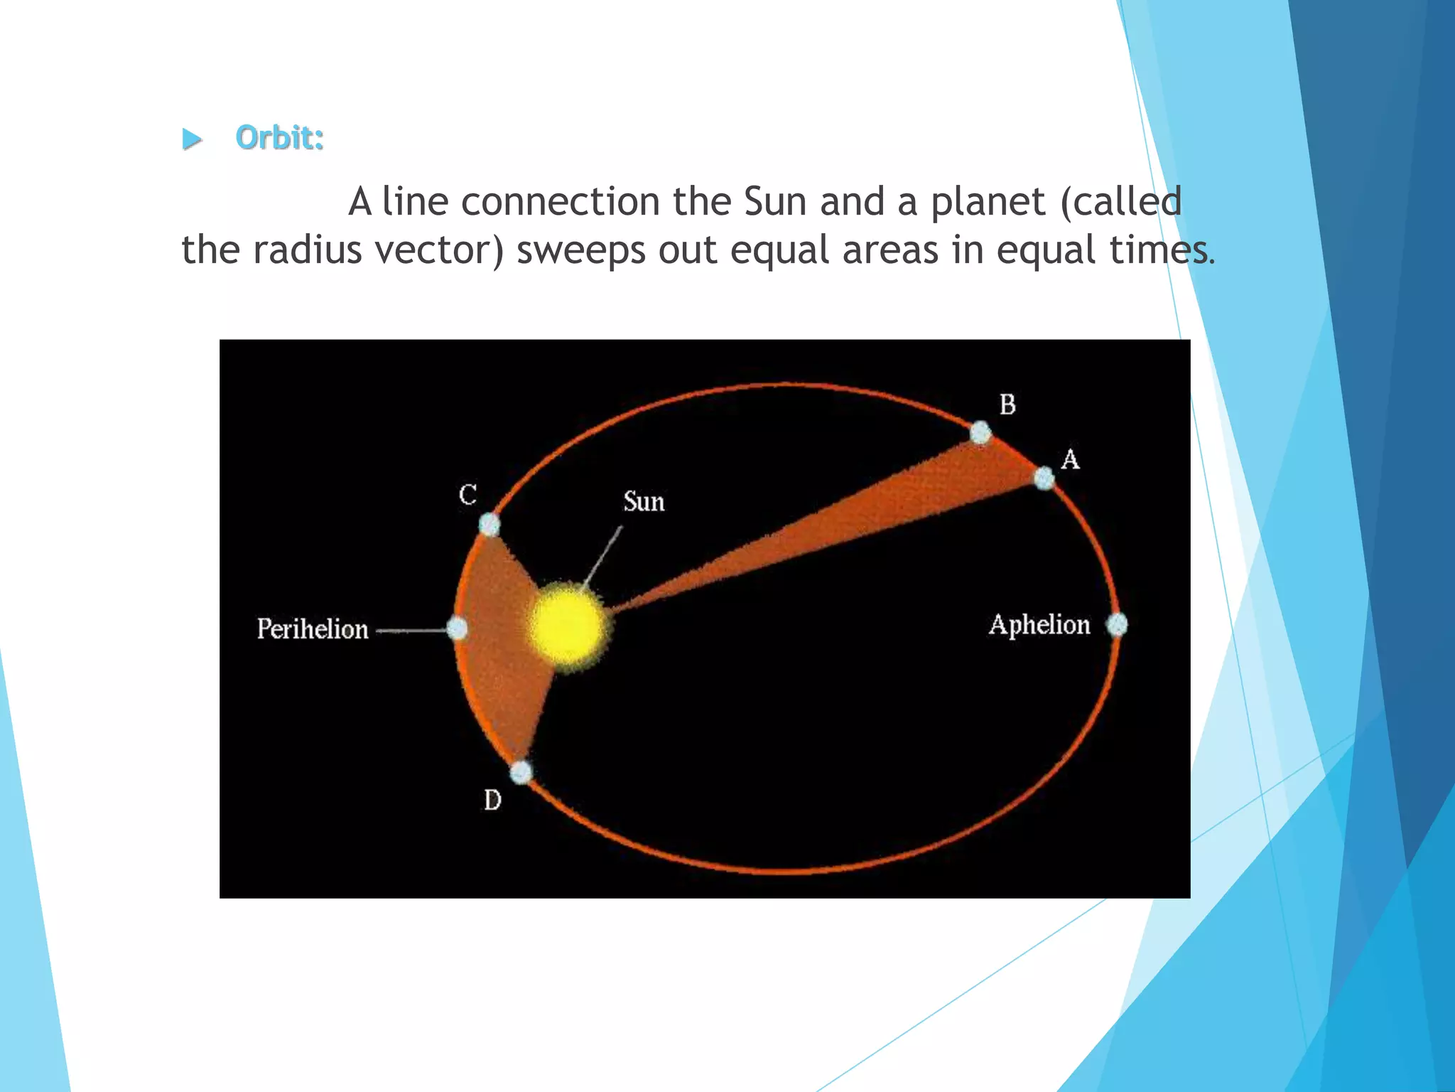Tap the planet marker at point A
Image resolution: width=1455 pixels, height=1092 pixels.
(1044, 478)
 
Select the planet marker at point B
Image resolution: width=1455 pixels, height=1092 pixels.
(980, 432)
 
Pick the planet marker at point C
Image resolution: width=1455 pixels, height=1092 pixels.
(489, 525)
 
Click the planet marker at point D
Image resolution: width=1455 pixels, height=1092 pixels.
(521, 772)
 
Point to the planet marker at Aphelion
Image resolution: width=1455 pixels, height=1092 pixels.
(1117, 625)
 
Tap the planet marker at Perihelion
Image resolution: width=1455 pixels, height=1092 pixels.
(458, 628)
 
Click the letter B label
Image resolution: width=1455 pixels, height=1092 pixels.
(1007, 405)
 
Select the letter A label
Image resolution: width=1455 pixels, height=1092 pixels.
(1070, 459)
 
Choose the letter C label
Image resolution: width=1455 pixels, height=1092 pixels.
(467, 494)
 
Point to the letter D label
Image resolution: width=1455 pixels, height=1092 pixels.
(492, 801)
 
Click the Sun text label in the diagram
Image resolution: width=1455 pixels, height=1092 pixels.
(644, 502)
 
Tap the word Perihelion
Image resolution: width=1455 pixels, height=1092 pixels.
(313, 629)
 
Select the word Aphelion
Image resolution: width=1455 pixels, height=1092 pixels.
(1039, 625)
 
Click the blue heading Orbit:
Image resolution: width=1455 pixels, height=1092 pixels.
(279, 137)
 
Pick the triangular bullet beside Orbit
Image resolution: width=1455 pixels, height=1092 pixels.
(191, 139)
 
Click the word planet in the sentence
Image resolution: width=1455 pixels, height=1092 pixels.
(988, 202)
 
